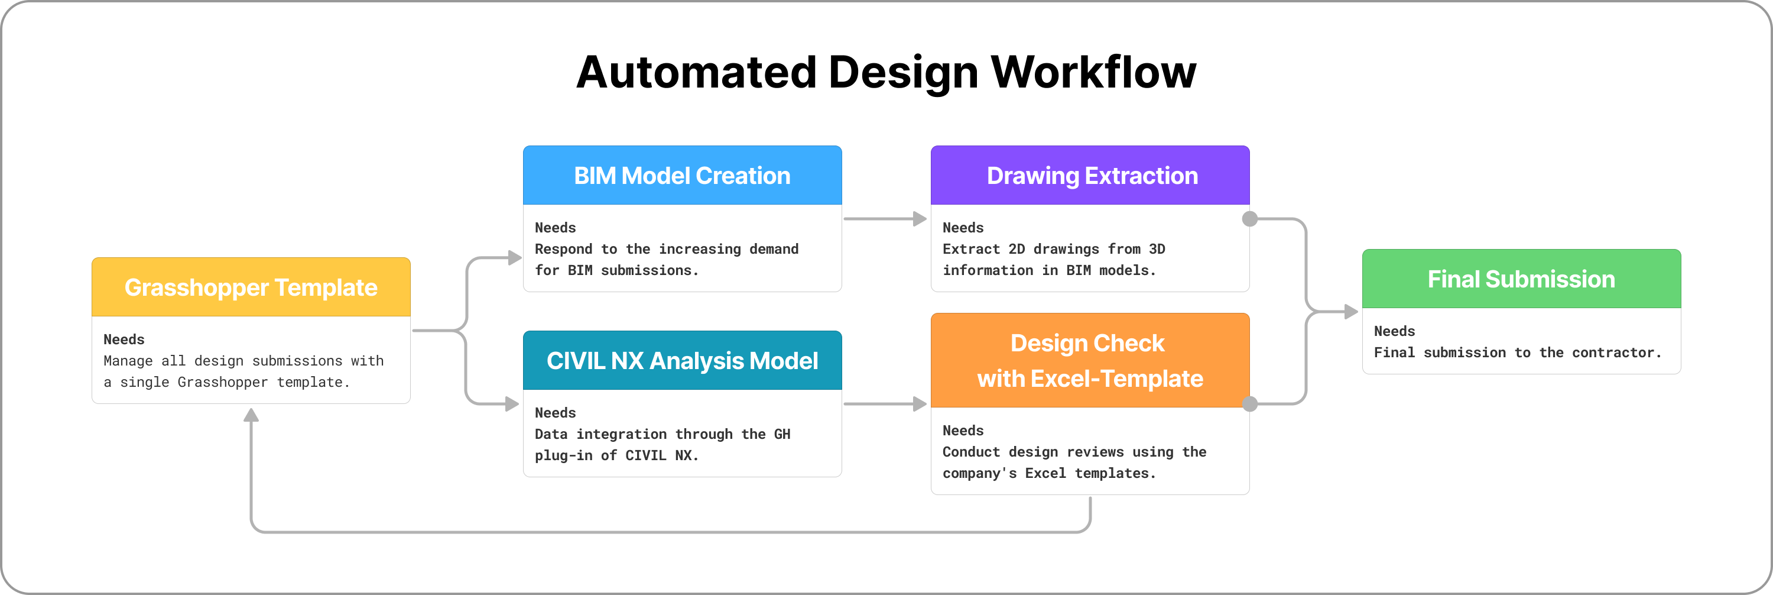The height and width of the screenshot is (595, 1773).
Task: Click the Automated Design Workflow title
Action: (886, 72)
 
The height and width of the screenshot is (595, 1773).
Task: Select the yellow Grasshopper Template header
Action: (251, 287)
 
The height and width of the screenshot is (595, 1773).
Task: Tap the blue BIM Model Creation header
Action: (682, 176)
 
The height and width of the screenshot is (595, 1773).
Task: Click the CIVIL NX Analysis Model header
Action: (682, 361)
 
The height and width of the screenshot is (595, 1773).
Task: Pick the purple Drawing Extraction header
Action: (1090, 176)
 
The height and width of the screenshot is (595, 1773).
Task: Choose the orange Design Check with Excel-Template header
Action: (1090, 360)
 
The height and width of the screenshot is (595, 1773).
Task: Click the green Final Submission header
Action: (1521, 279)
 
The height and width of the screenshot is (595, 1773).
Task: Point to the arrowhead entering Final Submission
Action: (1351, 312)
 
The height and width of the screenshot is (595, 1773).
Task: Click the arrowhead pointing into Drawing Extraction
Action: (920, 219)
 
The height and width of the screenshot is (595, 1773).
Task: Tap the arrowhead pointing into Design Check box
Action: (920, 404)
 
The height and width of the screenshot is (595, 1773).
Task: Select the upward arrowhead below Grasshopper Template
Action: (251, 415)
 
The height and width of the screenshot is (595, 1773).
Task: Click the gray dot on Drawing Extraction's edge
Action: (1250, 219)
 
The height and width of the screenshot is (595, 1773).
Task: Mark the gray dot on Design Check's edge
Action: (1250, 404)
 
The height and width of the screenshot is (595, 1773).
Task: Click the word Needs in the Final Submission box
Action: (1394, 331)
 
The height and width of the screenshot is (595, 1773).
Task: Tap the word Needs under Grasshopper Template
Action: (124, 339)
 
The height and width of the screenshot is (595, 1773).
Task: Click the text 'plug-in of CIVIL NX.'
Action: (616, 455)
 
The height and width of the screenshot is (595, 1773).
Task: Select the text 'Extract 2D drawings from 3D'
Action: (1053, 249)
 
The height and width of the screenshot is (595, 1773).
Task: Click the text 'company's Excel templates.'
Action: (1048, 473)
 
